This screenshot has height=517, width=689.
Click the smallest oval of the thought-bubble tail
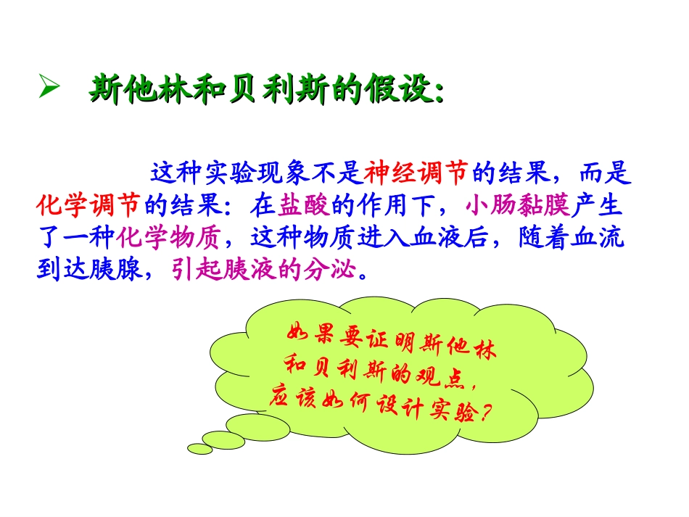coord(200,449)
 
